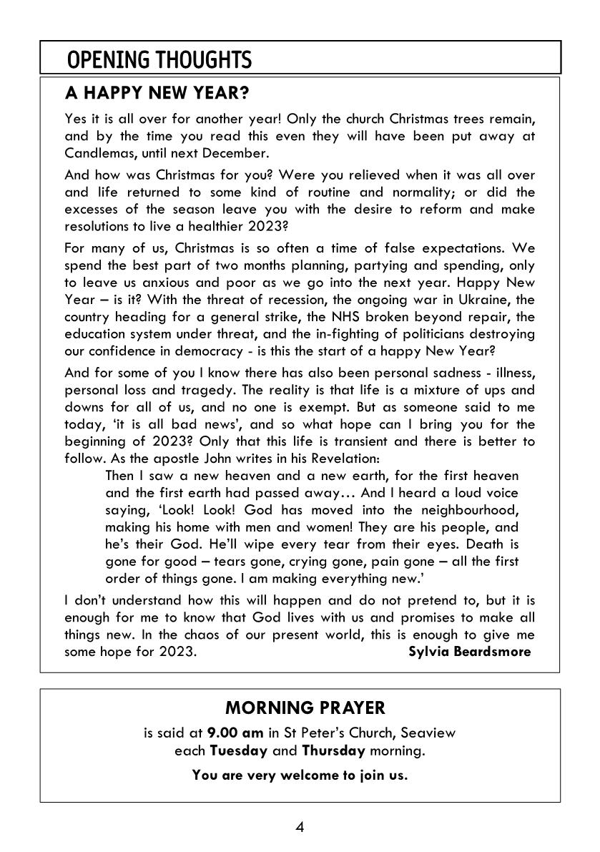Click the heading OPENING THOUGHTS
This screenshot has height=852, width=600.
click(159, 59)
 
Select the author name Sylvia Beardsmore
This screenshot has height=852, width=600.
click(469, 651)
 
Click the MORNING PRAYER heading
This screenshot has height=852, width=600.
click(305, 707)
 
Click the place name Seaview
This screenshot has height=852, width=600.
click(428, 733)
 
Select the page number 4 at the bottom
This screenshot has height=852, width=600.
click(300, 828)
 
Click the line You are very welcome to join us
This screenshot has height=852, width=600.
click(300, 775)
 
